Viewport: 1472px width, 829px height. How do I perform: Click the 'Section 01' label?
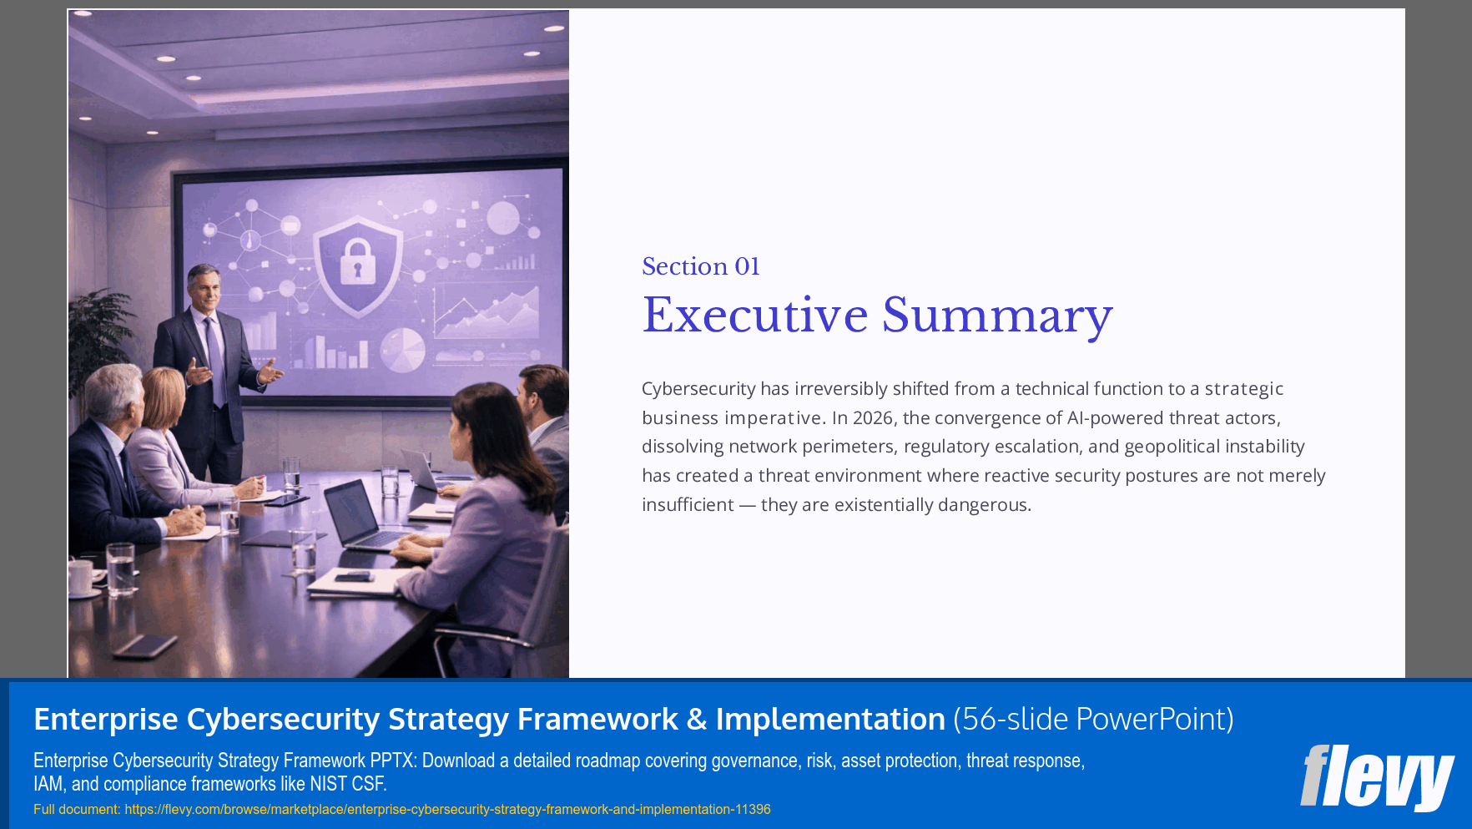point(700,266)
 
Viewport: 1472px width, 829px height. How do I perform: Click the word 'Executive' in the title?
point(755,316)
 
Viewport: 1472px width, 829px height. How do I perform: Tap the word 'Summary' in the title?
point(997,316)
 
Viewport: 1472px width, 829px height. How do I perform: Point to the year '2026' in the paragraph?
point(873,417)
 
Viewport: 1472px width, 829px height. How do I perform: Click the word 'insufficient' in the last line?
point(688,505)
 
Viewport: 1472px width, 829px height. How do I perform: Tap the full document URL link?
point(447,809)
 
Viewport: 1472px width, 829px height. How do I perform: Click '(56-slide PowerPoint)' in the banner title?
point(1093,719)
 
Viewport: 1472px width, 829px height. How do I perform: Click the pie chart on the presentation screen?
point(402,349)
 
